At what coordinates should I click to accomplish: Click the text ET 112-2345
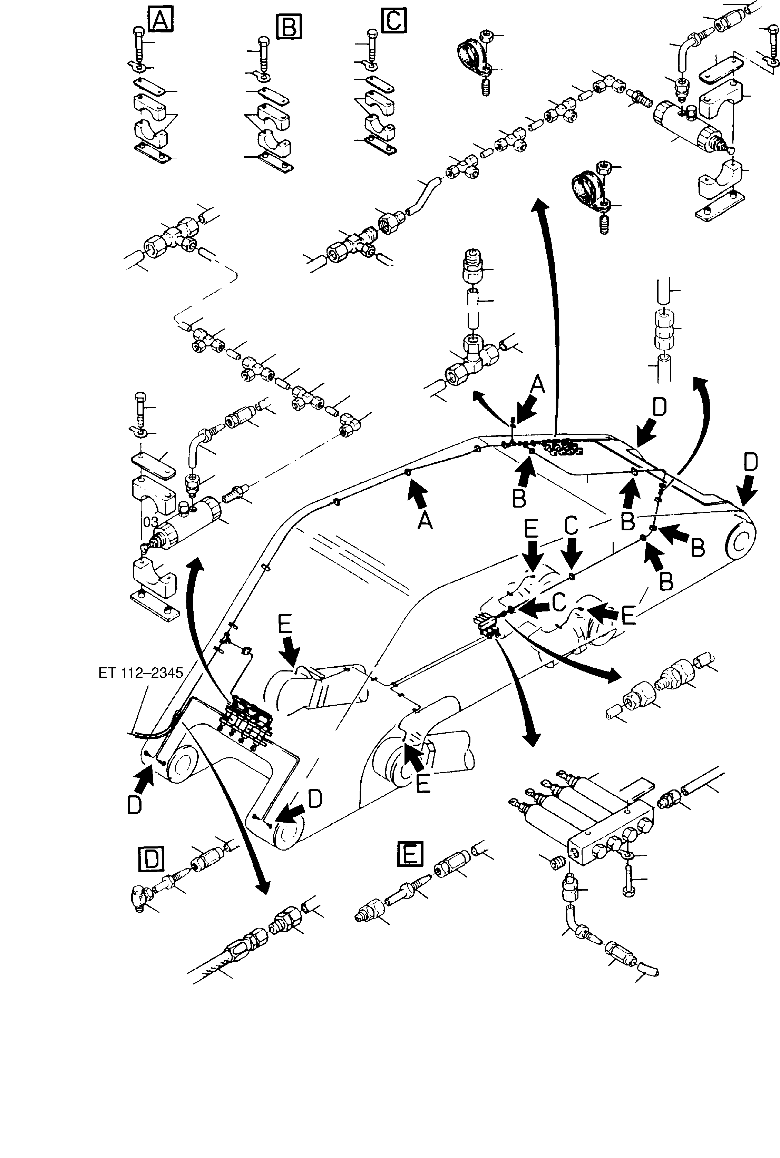tap(141, 673)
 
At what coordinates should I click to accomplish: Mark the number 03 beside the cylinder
tap(150, 522)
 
